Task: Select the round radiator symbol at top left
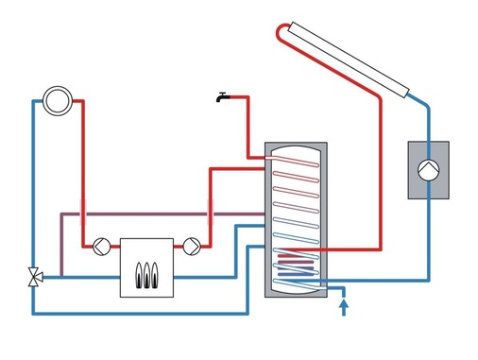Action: point(56,99)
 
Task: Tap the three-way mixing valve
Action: point(33,276)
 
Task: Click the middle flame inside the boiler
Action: point(147,273)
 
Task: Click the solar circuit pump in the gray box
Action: point(429,170)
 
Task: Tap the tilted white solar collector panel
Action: point(350,57)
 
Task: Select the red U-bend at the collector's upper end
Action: point(282,34)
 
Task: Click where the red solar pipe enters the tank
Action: point(326,249)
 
